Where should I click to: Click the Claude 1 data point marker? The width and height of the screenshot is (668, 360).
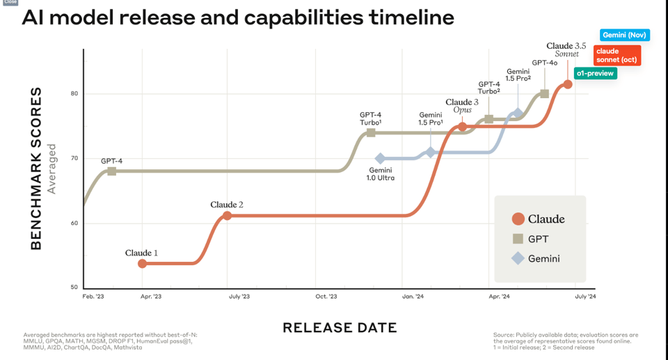point(143,263)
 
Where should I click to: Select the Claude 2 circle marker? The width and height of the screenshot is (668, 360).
point(227,216)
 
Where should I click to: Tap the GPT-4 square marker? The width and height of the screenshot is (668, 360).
point(111,171)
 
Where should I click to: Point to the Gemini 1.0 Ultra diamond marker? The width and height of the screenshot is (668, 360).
point(380,159)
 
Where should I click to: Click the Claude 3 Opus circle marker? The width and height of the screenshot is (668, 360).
point(462,127)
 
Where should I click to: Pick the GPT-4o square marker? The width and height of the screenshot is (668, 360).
point(544,94)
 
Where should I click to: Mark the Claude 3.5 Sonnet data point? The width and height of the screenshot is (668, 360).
point(568,84)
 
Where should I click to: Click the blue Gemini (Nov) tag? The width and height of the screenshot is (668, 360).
point(624,35)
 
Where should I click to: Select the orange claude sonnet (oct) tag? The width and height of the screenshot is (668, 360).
point(617,55)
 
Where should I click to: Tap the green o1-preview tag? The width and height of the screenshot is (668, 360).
point(595,73)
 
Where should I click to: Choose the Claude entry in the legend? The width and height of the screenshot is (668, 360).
point(546,219)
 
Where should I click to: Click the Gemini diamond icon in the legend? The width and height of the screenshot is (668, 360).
point(518,258)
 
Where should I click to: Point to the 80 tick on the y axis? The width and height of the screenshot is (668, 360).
point(74,94)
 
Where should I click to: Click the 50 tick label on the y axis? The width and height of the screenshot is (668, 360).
point(74,288)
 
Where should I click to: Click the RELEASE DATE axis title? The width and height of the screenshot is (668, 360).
point(340,328)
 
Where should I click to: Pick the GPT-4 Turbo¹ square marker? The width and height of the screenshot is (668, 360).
point(371,132)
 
